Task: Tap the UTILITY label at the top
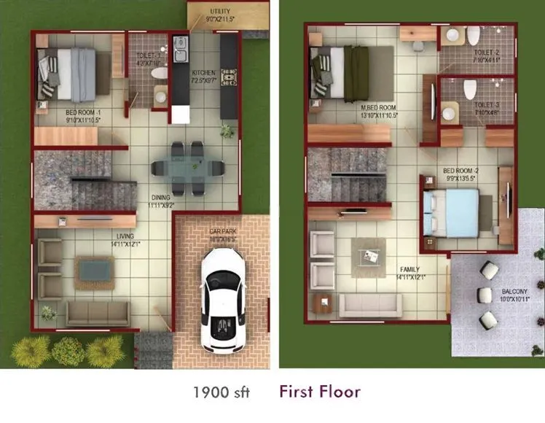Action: click(x=220, y=12)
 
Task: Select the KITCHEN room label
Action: click(x=203, y=73)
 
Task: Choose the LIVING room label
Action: click(x=124, y=235)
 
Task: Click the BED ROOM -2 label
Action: click(x=460, y=171)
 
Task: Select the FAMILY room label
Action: click(x=409, y=268)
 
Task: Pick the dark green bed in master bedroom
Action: click(x=356, y=73)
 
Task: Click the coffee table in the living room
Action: click(x=95, y=270)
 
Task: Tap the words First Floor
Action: click(x=319, y=392)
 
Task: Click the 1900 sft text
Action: click(x=221, y=392)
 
